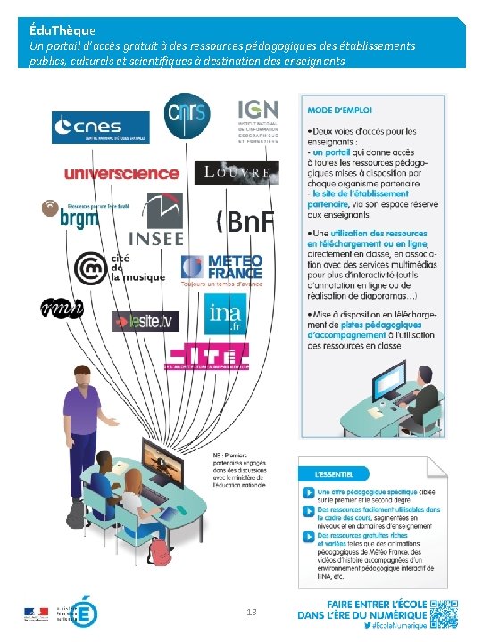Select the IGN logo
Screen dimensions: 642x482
258,120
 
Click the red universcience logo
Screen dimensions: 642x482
121,173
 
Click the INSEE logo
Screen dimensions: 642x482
156,220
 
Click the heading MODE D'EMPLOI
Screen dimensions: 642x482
337,110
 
